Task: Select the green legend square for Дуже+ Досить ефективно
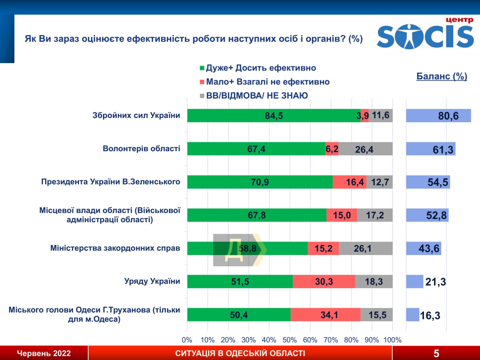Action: (x=202, y=68)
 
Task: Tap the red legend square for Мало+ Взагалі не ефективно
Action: (x=202, y=82)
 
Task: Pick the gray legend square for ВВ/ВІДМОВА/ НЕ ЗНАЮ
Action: (x=202, y=96)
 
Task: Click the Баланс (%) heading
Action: (x=441, y=76)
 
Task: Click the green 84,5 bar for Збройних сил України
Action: (x=274, y=116)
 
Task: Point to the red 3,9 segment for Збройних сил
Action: (x=364, y=116)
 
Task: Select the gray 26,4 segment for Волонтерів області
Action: (x=365, y=149)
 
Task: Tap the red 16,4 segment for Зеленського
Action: (x=349, y=182)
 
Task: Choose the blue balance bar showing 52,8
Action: (x=427, y=215)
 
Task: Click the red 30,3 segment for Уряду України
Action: (x=324, y=281)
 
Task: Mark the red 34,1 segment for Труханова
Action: (x=325, y=315)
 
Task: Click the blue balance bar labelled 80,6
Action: (x=438, y=116)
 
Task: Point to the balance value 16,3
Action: (x=430, y=316)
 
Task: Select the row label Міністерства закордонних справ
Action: (x=115, y=248)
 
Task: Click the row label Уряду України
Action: (x=152, y=281)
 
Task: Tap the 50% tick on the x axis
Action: (x=290, y=340)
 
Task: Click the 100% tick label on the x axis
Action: (x=392, y=340)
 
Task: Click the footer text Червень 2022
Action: (x=44, y=354)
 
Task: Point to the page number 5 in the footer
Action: (x=436, y=354)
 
